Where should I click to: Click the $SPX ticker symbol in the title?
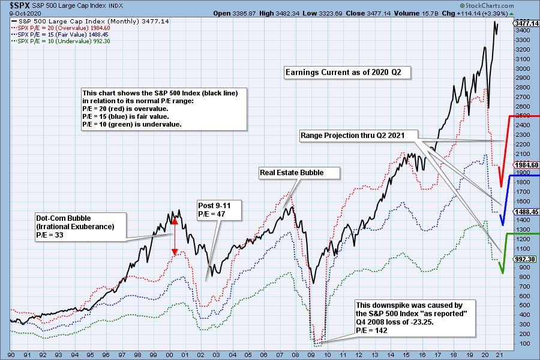(x=13, y=4)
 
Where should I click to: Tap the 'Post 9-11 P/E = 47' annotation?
(x=214, y=209)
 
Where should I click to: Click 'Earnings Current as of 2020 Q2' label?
(x=347, y=73)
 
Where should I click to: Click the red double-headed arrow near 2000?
(x=175, y=236)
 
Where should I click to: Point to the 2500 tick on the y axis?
(x=521, y=116)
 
